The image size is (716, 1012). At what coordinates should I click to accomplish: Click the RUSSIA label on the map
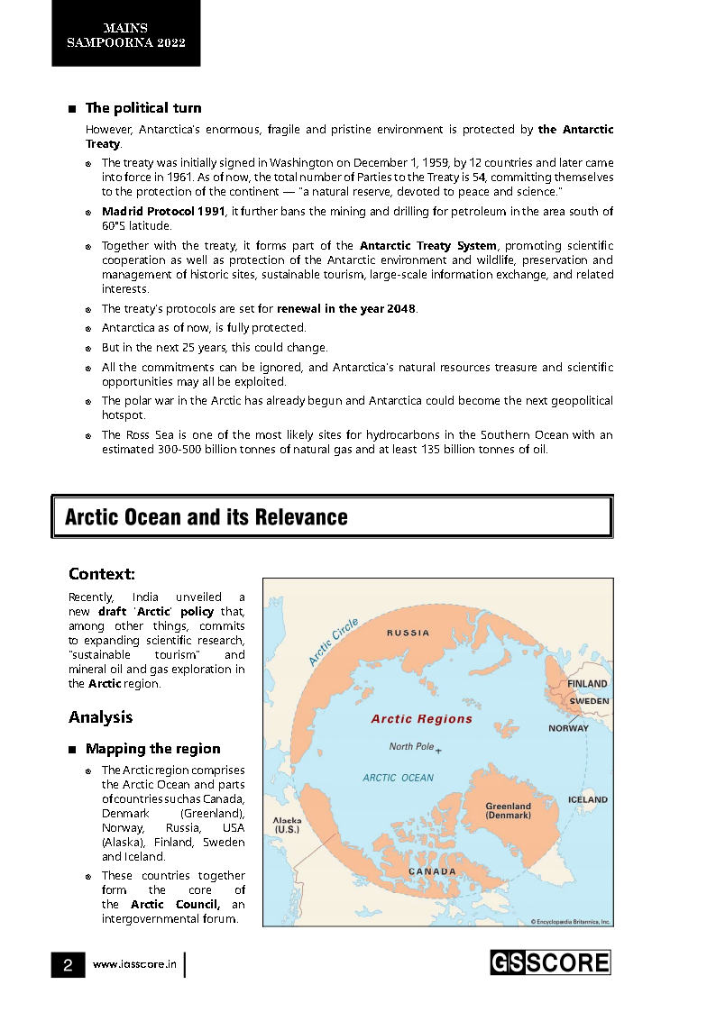(408, 633)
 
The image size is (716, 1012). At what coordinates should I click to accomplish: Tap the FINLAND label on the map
(587, 684)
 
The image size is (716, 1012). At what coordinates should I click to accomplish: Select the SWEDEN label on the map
(589, 700)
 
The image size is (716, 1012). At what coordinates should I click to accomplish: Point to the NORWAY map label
(568, 728)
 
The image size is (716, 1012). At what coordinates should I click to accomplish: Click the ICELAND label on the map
(587, 799)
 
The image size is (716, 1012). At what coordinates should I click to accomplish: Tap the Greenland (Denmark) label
(508, 811)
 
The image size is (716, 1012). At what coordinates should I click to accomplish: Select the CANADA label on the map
(432, 871)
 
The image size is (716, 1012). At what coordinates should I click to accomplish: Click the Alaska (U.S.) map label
(288, 825)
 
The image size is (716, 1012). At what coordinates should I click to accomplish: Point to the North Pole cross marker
(438, 750)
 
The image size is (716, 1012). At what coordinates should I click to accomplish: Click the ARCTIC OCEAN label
(398, 778)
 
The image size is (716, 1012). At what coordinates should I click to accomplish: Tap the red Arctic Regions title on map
(421, 719)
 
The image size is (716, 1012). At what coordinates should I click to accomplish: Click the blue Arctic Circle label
(334, 642)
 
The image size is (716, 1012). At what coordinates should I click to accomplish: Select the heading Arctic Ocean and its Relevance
(207, 517)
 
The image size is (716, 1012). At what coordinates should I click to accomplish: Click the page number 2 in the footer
(68, 965)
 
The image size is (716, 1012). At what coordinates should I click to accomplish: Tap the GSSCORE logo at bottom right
(550, 962)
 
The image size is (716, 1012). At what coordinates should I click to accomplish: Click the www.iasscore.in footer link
(133, 965)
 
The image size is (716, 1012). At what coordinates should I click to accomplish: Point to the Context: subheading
(102, 574)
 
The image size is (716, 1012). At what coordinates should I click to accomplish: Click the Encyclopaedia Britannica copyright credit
(570, 921)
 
